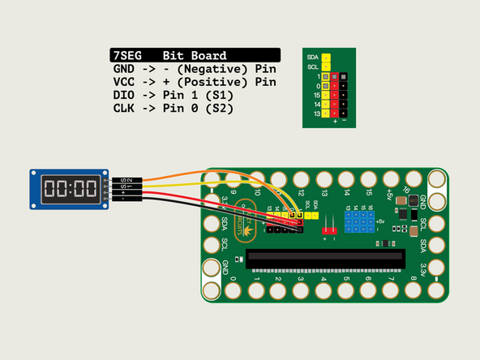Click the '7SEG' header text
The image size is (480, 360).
[x=128, y=55]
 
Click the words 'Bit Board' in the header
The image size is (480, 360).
[x=193, y=55]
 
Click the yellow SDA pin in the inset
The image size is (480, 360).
[x=325, y=58]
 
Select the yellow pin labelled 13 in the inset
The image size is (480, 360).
[x=325, y=114]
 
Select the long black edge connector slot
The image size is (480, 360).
[x=325, y=258]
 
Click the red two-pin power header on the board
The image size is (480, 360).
[x=329, y=222]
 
